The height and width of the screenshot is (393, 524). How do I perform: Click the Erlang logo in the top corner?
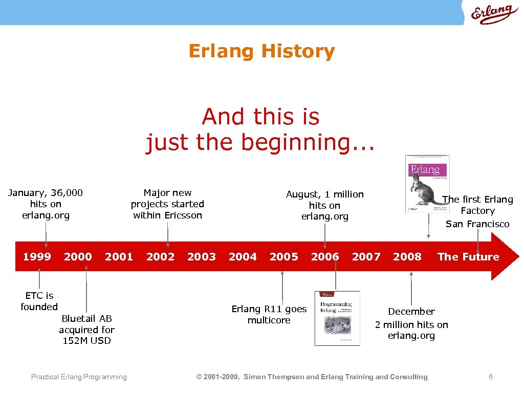point(491,14)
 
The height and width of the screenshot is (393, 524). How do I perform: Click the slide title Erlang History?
point(261,51)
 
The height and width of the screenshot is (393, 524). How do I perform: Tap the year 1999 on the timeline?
point(37,256)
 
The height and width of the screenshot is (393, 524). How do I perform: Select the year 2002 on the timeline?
point(160,256)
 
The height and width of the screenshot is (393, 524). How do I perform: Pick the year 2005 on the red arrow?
point(283,256)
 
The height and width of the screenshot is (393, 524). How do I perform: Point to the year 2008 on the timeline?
point(407,256)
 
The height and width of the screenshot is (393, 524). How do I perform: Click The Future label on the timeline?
point(468,256)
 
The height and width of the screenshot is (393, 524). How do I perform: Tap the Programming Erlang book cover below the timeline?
point(337,318)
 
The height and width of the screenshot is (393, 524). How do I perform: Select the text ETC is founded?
point(39,301)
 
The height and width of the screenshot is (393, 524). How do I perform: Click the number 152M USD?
point(86,341)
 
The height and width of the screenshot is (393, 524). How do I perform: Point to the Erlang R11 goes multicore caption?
point(269,314)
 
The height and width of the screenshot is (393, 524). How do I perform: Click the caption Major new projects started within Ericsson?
point(167,204)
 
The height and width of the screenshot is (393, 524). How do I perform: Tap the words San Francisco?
point(477,224)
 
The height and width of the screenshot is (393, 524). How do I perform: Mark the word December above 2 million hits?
point(411,311)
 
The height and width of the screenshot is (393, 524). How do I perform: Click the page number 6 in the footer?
point(490,377)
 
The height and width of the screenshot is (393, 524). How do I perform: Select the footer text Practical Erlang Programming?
point(79,377)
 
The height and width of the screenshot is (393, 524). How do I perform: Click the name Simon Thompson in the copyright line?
point(273,377)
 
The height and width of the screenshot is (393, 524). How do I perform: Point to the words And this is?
point(260,117)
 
